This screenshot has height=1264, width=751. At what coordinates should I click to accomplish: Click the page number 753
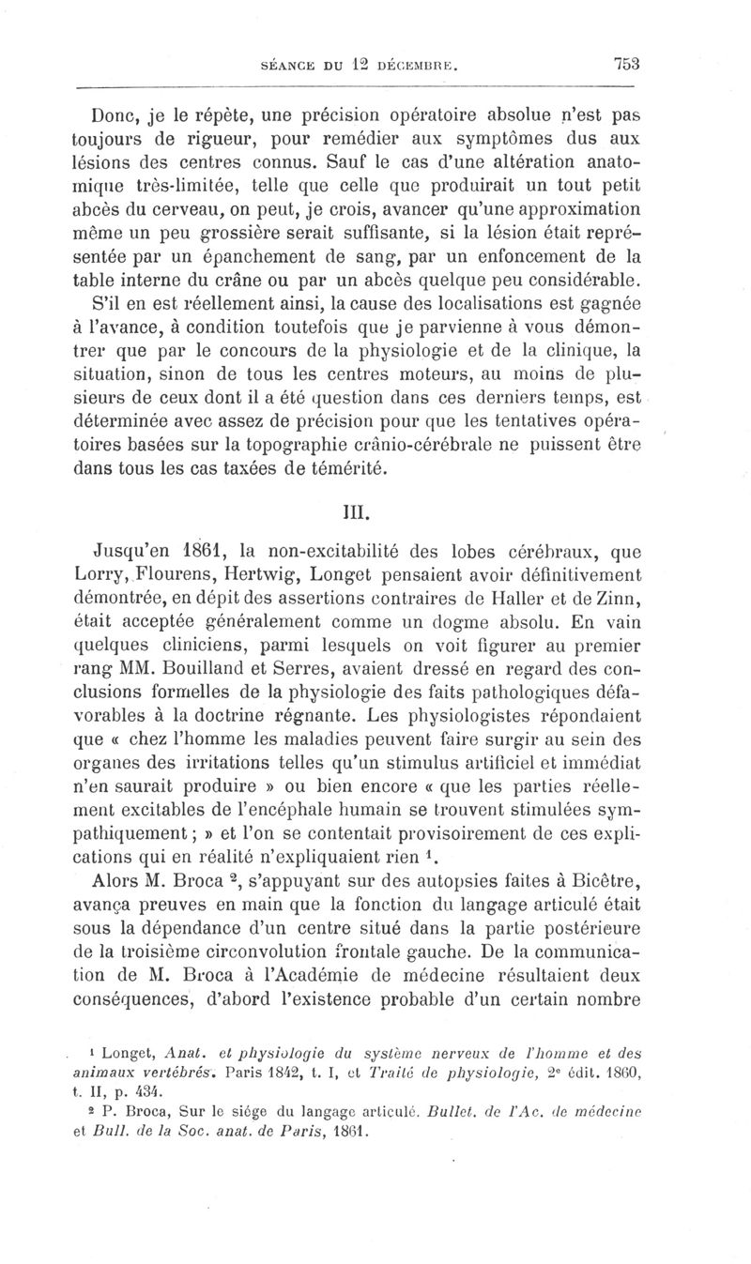pos(626,65)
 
